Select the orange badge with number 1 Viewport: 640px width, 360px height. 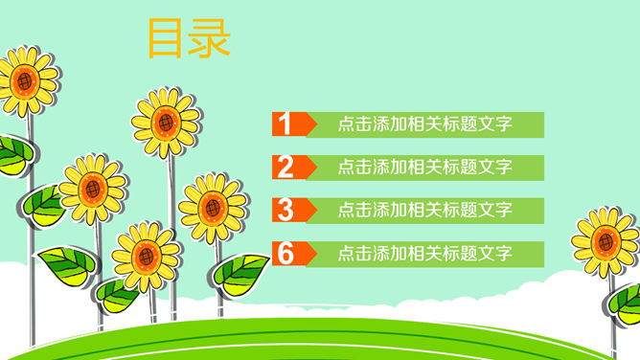click(288, 124)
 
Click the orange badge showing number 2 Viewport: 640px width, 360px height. click(288, 168)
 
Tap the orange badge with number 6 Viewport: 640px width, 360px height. click(288, 254)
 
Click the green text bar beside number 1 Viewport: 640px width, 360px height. click(425, 124)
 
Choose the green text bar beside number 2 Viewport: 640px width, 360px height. click(425, 168)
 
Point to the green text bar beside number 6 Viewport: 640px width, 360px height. click(425, 254)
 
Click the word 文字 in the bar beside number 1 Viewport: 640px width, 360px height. click(495, 124)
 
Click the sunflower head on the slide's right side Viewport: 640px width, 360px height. click(606, 240)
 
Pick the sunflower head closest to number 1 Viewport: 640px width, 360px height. click(166, 123)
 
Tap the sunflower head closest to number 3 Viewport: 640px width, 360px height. click(213, 207)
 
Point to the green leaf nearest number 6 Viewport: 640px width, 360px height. click(240, 272)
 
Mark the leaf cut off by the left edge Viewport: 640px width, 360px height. click(13, 153)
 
